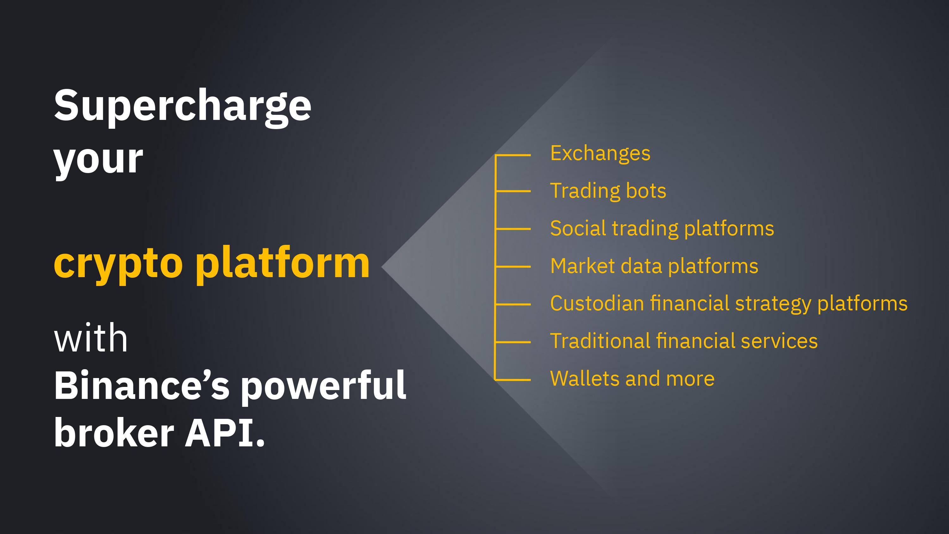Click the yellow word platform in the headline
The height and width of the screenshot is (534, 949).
click(282, 262)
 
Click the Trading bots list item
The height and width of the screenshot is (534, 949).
click(608, 191)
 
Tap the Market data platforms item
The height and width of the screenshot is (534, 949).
click(654, 266)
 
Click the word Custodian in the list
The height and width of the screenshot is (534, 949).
click(597, 303)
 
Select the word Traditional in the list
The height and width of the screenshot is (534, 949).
click(600, 341)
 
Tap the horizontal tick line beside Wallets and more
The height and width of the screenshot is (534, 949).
click(513, 379)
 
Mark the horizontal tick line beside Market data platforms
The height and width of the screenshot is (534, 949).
click(513, 266)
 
